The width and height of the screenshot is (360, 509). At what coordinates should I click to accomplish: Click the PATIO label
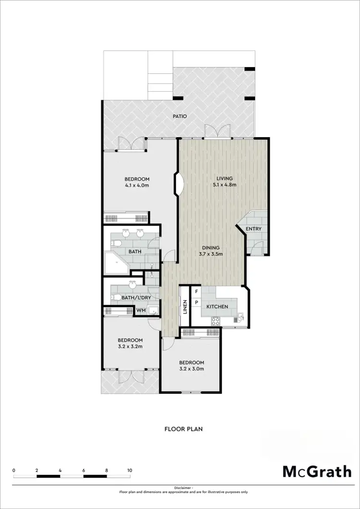coord(180,117)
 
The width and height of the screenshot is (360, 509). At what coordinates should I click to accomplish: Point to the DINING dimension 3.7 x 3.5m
coord(210,254)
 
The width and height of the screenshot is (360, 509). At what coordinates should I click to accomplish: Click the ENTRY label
coord(253,229)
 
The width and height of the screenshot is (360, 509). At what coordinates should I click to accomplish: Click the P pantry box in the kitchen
coord(196,302)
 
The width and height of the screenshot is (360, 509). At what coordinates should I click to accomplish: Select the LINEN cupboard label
coord(184,307)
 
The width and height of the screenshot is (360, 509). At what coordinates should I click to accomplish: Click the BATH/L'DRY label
coord(133,298)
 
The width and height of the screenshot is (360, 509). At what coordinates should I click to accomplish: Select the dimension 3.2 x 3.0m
coord(192,369)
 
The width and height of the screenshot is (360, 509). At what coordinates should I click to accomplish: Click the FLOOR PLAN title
coord(183,429)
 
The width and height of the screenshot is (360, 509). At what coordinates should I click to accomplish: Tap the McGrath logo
coord(316,471)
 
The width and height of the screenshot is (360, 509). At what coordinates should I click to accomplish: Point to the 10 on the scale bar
coord(130,471)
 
